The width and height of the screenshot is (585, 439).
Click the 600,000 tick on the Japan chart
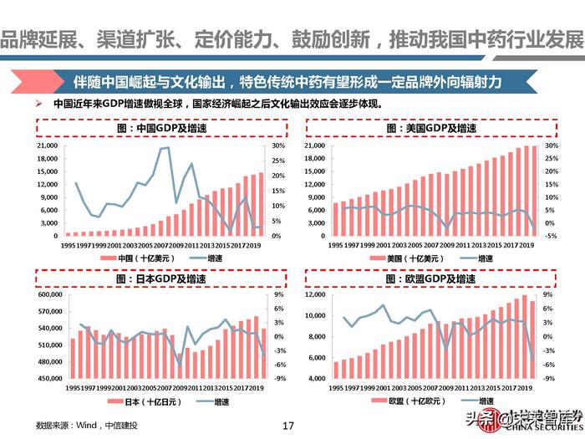(x=43, y=295)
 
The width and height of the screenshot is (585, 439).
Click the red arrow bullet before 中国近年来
(x=39, y=105)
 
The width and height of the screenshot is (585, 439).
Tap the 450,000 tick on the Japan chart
(x=43, y=379)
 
